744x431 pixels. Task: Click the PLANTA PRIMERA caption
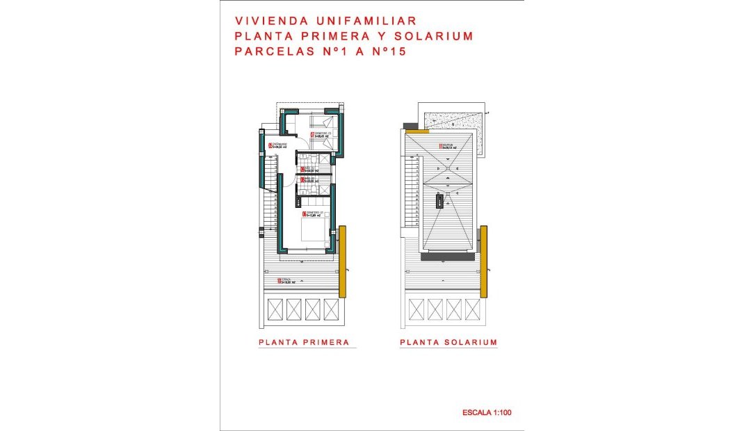pos(303,342)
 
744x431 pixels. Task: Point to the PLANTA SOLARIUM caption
pos(448,342)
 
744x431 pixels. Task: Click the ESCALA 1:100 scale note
pos(487,413)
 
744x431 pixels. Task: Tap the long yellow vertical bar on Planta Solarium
pos(483,261)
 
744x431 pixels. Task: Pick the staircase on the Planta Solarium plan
pos(410,195)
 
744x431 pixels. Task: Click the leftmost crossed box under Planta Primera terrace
pos(275,310)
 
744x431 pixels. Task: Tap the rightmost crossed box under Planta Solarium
pos(472,310)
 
